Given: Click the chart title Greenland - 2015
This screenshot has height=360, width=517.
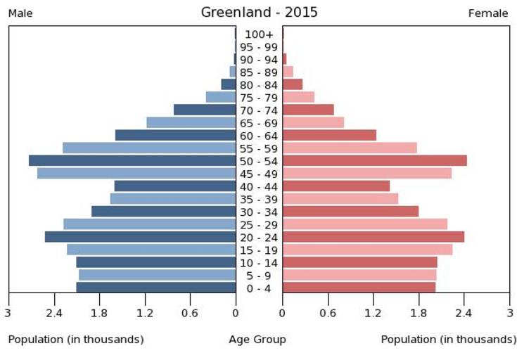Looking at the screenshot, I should coord(259,12).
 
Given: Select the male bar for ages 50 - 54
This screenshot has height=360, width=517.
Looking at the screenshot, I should coord(132,160).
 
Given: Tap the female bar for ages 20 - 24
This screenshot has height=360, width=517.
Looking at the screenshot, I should coord(373,236).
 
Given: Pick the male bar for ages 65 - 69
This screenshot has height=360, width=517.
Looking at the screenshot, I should coord(191,122).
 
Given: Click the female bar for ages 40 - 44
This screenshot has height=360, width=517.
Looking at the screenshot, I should coord(336,186).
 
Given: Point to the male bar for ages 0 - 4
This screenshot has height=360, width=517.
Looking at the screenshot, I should coord(155,287).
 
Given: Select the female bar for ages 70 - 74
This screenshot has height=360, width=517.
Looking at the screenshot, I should coord(308,110).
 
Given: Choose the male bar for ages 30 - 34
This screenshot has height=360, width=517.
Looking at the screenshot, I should coord(163,211).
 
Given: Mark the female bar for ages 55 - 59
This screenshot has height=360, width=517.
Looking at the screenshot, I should coord(350,148).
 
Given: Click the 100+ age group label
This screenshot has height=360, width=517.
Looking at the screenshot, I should coord(259,34).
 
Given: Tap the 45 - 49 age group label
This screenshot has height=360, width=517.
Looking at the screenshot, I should coord(259,174).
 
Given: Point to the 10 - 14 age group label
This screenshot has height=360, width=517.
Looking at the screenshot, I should coord(259,263).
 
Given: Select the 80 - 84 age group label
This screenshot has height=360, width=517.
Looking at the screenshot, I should coord(259,85).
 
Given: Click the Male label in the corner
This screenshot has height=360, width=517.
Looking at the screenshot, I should coord(20,13).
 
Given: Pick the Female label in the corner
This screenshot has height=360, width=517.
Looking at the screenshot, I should coord(488,13).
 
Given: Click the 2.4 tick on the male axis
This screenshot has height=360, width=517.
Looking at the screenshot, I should coord(53,313).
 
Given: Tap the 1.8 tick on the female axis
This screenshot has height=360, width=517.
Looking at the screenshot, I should coord(419,313).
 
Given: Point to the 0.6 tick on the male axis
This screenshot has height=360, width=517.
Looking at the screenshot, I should coord(190,313).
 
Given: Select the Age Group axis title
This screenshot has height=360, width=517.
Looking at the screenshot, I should coord(257,340).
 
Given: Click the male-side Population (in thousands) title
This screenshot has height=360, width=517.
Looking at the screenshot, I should coord(76,340).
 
